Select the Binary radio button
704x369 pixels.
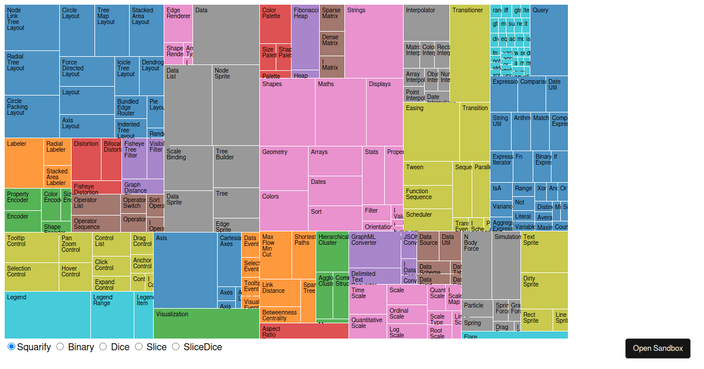(x=60, y=347)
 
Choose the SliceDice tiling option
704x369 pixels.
(x=175, y=347)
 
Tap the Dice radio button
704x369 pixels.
(x=103, y=347)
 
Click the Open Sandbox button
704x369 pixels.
(x=658, y=348)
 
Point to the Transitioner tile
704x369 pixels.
(x=469, y=53)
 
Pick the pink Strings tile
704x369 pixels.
(x=374, y=41)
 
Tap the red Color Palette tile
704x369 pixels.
(x=275, y=24)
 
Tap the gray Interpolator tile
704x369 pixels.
(x=426, y=23)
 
